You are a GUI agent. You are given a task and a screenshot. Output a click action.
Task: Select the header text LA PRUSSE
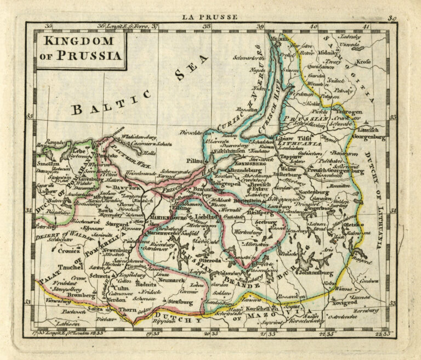point(211,17)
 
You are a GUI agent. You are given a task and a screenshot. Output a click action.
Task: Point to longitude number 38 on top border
point(207,26)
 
